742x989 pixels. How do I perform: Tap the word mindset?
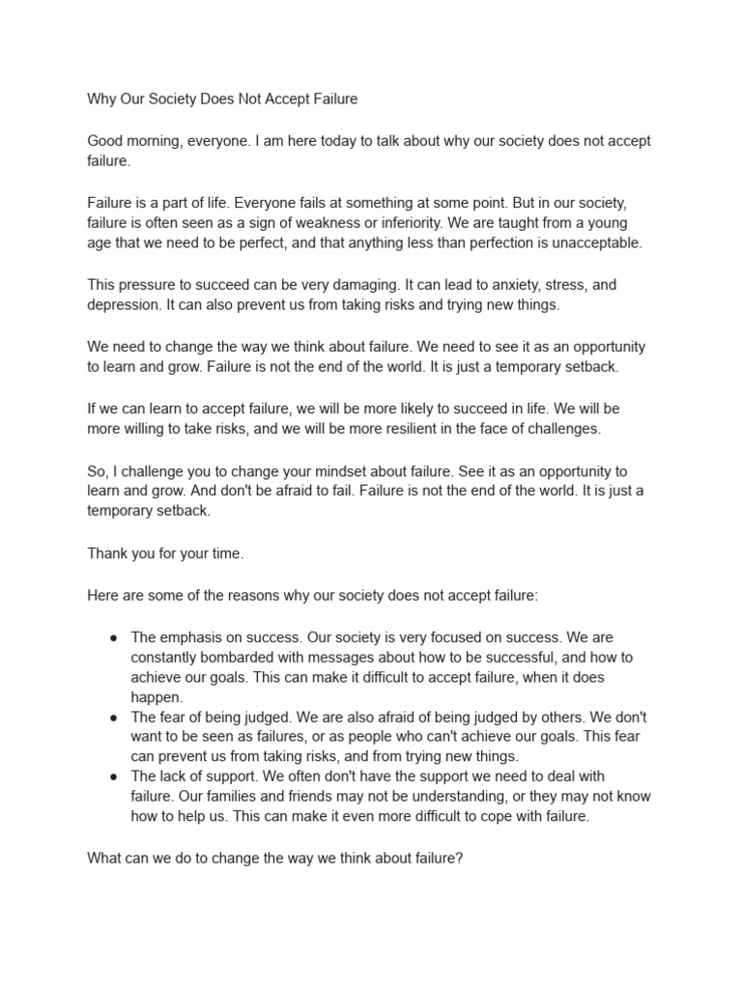coord(334,471)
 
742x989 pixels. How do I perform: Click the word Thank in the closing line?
coord(107,554)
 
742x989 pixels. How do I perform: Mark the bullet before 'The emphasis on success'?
coord(114,638)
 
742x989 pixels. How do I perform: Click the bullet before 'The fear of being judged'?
coord(114,718)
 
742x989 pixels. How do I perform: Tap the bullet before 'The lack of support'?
coord(114,777)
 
